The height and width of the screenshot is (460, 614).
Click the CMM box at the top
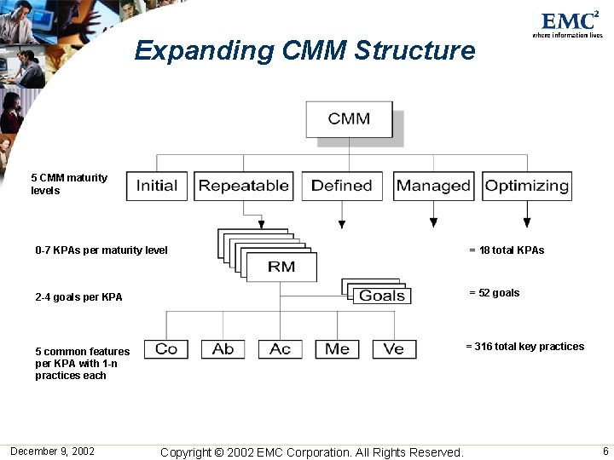click(350, 119)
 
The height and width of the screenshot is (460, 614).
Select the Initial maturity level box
click(157, 186)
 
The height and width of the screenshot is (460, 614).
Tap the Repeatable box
click(244, 186)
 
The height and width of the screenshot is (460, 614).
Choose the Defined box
click(342, 186)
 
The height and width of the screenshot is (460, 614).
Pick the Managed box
click(433, 186)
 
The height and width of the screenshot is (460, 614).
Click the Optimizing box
click(527, 186)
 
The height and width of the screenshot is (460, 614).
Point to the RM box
click(281, 267)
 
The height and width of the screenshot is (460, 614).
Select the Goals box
click(382, 296)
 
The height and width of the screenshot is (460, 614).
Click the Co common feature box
click(166, 348)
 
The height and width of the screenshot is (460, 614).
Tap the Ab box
click(223, 348)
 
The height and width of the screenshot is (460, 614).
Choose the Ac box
click(280, 348)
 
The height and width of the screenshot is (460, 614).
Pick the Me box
click(337, 348)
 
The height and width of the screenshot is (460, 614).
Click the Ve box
click(394, 348)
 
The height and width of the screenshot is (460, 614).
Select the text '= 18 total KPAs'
click(507, 250)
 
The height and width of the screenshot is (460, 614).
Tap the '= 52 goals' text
click(494, 293)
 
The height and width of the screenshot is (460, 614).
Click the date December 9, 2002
click(52, 451)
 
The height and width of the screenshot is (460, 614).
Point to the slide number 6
click(605, 451)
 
